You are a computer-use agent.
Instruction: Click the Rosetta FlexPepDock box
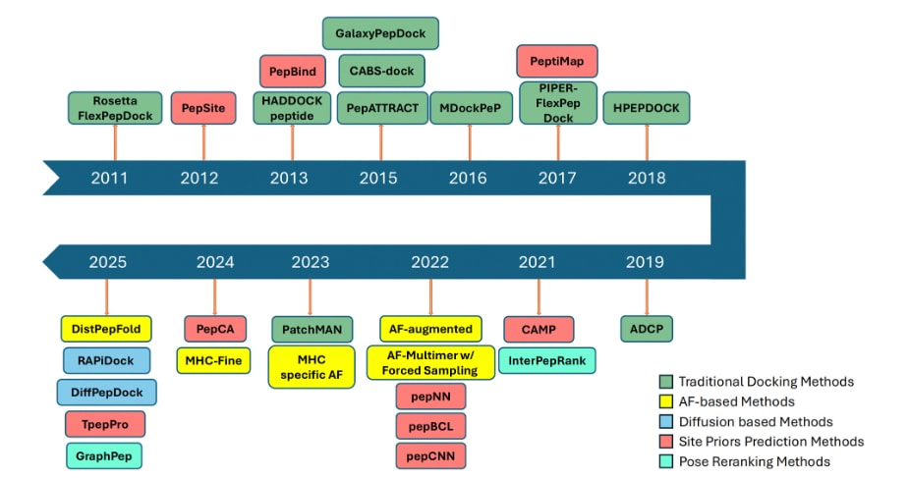click(115, 108)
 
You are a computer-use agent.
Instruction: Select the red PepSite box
click(203, 108)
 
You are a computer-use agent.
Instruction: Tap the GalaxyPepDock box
click(380, 33)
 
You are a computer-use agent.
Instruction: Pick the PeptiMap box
click(556, 61)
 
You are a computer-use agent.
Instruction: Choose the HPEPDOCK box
click(647, 108)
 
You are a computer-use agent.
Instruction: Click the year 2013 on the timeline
click(289, 179)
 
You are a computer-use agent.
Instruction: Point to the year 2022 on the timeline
click(429, 262)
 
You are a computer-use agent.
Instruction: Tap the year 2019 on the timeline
click(645, 262)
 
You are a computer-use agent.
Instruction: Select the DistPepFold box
click(106, 329)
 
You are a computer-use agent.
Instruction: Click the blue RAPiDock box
click(106, 360)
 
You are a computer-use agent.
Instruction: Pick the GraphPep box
click(103, 456)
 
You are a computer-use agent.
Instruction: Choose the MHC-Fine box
click(213, 360)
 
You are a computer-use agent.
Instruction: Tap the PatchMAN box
click(312, 329)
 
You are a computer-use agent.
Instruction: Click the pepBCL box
click(430, 427)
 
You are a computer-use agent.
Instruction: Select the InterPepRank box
click(547, 360)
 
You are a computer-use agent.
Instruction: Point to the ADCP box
click(647, 329)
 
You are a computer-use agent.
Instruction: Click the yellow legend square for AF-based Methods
click(666, 401)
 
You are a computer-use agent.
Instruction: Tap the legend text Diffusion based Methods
click(756, 422)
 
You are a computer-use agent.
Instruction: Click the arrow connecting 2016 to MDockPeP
click(470, 143)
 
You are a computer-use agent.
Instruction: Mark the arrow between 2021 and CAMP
click(539, 297)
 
